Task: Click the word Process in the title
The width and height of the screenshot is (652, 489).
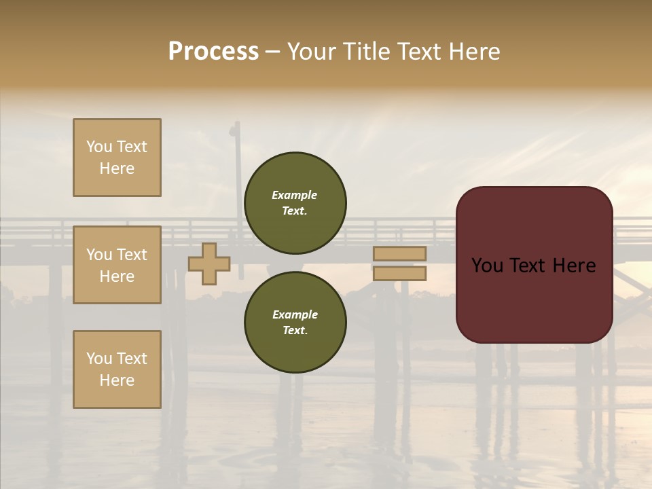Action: (x=213, y=52)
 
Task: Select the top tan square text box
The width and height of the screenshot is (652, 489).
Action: (x=117, y=158)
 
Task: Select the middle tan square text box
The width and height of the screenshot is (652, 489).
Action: (x=117, y=265)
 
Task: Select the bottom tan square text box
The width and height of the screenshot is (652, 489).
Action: (x=117, y=369)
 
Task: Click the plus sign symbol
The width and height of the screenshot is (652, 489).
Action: (x=209, y=264)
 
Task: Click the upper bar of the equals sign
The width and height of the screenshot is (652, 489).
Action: (x=399, y=253)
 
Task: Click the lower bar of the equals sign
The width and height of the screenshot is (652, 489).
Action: (x=399, y=273)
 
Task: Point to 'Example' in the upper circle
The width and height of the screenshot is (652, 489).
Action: (x=295, y=195)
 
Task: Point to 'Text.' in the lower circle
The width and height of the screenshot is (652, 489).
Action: (x=295, y=330)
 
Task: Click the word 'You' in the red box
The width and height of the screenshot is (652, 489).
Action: (x=488, y=266)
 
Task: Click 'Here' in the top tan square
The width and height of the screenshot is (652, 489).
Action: (x=117, y=168)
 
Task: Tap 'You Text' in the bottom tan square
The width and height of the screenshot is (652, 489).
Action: (x=117, y=359)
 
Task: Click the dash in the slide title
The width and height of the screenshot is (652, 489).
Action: (x=272, y=52)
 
